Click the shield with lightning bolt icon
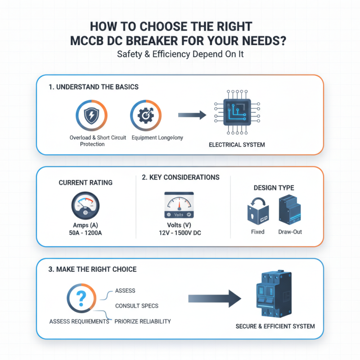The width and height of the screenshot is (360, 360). pos(92,116)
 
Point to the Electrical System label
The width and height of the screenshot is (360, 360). pos(237,145)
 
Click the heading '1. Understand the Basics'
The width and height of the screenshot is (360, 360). pos(94,87)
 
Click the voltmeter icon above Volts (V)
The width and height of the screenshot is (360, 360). pos(180,205)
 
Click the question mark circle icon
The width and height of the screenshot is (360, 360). pos(81,298)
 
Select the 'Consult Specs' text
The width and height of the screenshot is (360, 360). pos(136,306)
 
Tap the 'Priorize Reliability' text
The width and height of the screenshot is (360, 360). pos(142,321)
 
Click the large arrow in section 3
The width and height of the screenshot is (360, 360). pos(215,299)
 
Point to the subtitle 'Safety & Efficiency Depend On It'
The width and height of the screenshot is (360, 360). pos(180,54)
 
